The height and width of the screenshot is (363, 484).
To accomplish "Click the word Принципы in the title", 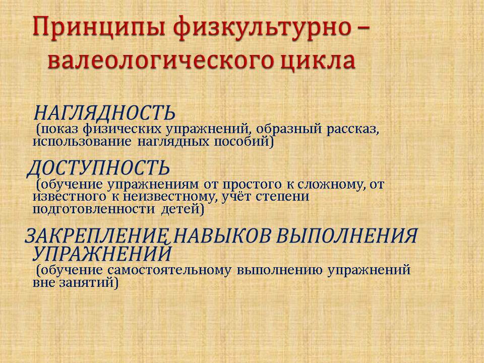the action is [98, 28].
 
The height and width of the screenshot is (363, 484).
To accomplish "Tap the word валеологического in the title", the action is [161, 60].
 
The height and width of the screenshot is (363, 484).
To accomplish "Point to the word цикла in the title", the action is [318, 62].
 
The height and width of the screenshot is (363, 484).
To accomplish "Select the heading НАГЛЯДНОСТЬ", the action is [104, 112].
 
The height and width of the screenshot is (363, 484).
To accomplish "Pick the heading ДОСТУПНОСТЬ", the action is [98, 168].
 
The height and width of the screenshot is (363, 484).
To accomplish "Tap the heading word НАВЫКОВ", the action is [223, 236].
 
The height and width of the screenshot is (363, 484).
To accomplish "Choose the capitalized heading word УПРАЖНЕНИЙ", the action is [102, 254].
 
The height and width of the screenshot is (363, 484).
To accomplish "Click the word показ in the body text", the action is [57, 130].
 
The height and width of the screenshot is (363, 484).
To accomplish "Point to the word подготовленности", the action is [94, 209].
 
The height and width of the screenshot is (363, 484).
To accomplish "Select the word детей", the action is [183, 209].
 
